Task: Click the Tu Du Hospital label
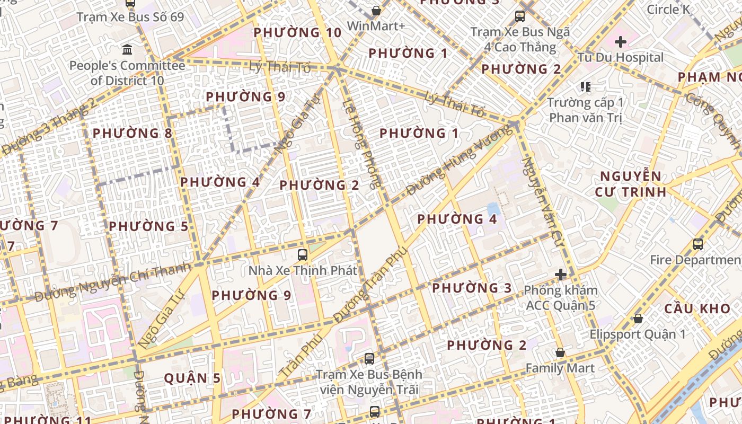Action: [620, 57]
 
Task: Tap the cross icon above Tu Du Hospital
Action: [620, 41]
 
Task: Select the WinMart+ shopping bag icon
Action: [376, 11]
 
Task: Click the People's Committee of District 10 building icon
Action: [127, 50]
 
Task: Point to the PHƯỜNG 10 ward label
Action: [297, 33]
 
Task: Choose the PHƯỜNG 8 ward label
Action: [132, 133]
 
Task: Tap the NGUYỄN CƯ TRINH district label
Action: [630, 184]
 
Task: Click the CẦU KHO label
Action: [690, 309]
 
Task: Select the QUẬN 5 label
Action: [192, 378]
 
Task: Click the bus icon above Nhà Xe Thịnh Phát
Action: [303, 255]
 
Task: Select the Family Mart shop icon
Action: [560, 352]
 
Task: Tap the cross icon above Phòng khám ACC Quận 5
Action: [560, 275]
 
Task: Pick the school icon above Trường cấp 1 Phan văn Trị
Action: [585, 86]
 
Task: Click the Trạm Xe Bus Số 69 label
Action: [130, 17]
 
